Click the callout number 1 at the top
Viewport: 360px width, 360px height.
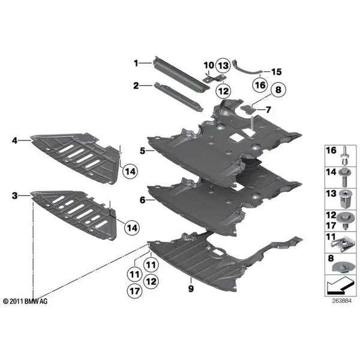point(136,63)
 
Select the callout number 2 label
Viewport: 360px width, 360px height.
point(136,86)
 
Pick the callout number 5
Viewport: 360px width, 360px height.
point(143,151)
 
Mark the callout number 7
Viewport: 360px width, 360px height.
point(268,110)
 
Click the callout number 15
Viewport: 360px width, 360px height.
point(276,71)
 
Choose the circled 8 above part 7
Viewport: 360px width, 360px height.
point(278,91)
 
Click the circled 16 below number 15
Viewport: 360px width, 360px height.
point(259,86)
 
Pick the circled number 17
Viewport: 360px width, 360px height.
point(134,290)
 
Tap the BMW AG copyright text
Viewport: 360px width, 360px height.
point(26,299)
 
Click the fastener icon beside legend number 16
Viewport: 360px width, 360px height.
point(346,155)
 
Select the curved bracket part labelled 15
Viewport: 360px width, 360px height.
point(247,67)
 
